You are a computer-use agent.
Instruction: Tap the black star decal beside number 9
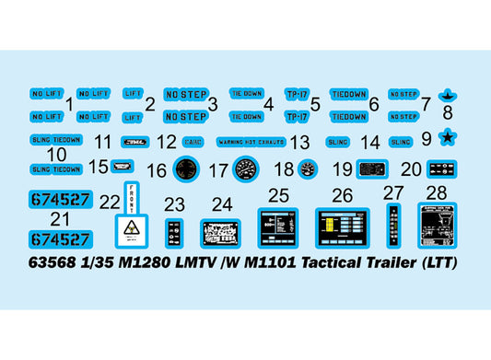coord(450,139)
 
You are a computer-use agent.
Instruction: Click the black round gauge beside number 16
coord(187,168)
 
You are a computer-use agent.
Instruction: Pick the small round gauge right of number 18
coord(308,168)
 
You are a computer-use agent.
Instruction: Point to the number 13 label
coord(299,143)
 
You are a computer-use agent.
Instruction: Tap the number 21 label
coord(61,219)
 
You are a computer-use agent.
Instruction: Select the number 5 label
coord(315,104)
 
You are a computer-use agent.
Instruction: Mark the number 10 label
coord(55,156)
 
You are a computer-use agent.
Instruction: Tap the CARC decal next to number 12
coord(194,143)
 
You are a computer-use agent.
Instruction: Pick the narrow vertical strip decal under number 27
coord(394,226)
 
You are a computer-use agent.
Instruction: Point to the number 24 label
coord(222,203)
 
